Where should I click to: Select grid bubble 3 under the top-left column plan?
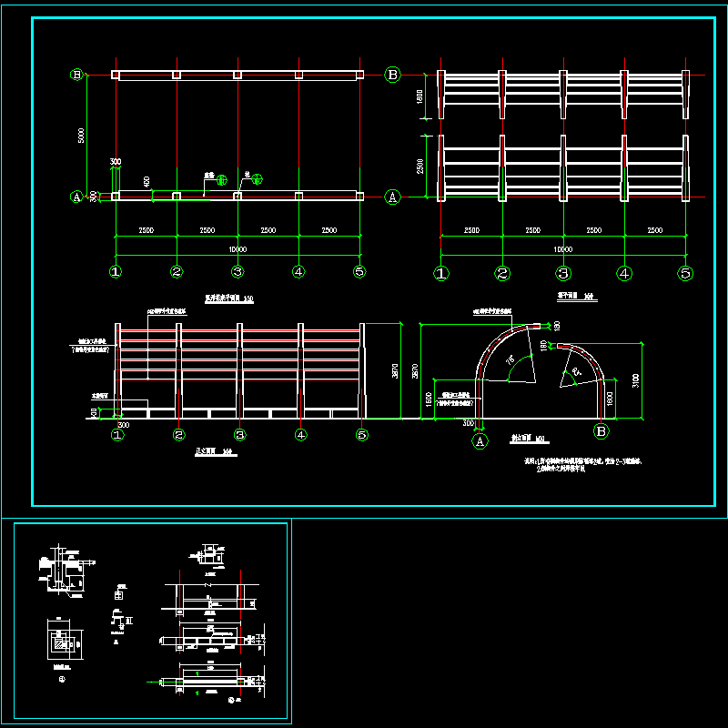pyautogui.click(x=238, y=271)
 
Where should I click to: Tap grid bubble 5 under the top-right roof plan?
pyautogui.click(x=685, y=272)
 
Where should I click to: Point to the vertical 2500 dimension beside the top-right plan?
pyautogui.click(x=420, y=167)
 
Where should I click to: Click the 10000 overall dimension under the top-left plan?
pyautogui.click(x=238, y=249)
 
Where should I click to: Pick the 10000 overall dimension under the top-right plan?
pyautogui.click(x=562, y=249)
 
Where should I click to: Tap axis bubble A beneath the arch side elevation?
pyautogui.click(x=480, y=441)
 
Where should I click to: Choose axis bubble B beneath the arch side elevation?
pyautogui.click(x=602, y=431)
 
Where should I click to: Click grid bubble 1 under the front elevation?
pyautogui.click(x=116, y=435)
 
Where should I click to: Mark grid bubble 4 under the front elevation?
pyautogui.click(x=300, y=435)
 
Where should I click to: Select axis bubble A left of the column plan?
pyautogui.click(x=77, y=196)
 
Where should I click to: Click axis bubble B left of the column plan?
pyautogui.click(x=77, y=75)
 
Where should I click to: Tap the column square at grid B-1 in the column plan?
pyautogui.click(x=116, y=75)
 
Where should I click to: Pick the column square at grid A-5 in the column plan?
pyautogui.click(x=359, y=196)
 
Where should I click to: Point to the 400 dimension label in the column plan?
pyautogui.click(x=147, y=182)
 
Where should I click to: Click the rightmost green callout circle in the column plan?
pyautogui.click(x=257, y=178)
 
